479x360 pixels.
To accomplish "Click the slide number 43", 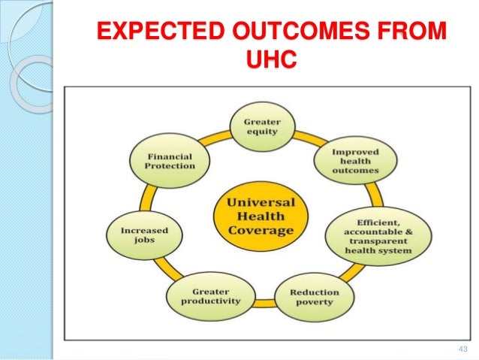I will click(x=461, y=349).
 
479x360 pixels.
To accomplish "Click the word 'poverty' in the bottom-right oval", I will click(x=314, y=302).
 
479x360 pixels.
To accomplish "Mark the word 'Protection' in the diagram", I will click(x=160, y=166).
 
